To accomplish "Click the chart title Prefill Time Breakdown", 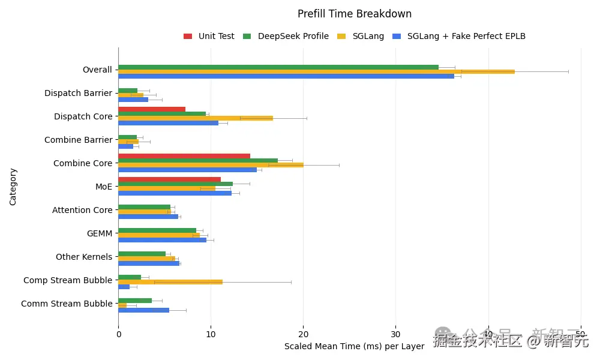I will (355, 14).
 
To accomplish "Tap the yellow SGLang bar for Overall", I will (316, 71).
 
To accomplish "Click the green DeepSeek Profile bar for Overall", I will (278, 67).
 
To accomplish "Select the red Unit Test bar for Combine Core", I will (184, 156).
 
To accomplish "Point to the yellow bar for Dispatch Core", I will (195, 118).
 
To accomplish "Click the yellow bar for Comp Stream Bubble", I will (170, 282).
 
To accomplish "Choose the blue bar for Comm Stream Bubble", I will (143, 310).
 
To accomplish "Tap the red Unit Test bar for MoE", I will (169, 179).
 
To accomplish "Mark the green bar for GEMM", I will (157, 230).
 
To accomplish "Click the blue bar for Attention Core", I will (148, 217).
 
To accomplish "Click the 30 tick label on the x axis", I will (395, 334).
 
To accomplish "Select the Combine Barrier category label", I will (78, 140).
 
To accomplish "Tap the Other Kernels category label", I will (83, 257).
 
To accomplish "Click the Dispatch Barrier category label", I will (78, 93).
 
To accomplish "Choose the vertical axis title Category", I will (13, 187).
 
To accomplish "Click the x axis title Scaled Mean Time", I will (354, 346).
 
